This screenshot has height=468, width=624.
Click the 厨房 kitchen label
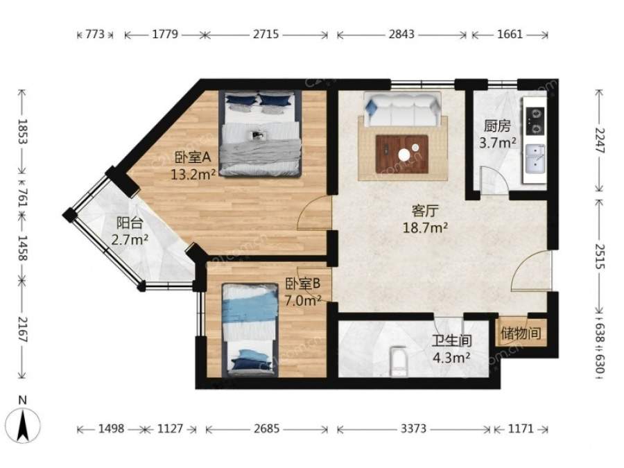(x=497, y=126)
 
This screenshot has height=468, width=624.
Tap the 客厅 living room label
(x=424, y=211)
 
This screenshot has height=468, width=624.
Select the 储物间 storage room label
(x=521, y=333)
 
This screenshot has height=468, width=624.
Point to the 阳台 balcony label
(x=130, y=223)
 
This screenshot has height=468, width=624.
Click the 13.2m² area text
(x=193, y=174)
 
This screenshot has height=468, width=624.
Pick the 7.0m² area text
(x=303, y=300)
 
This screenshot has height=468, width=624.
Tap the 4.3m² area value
(x=451, y=358)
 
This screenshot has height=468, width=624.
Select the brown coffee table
(x=402, y=154)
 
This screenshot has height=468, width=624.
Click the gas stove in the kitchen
(x=535, y=121)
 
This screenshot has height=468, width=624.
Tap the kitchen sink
(x=535, y=159)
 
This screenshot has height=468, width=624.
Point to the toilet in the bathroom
(x=398, y=361)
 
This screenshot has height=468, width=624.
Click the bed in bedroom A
(x=260, y=133)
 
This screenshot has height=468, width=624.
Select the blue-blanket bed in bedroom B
(x=250, y=329)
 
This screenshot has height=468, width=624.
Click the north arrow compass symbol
(x=24, y=424)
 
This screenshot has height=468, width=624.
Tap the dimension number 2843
(x=401, y=34)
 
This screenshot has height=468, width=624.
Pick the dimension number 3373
(x=413, y=428)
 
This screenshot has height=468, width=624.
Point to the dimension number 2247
(x=600, y=141)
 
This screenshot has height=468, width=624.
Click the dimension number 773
(x=95, y=34)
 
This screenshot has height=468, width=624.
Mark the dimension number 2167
(x=22, y=330)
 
